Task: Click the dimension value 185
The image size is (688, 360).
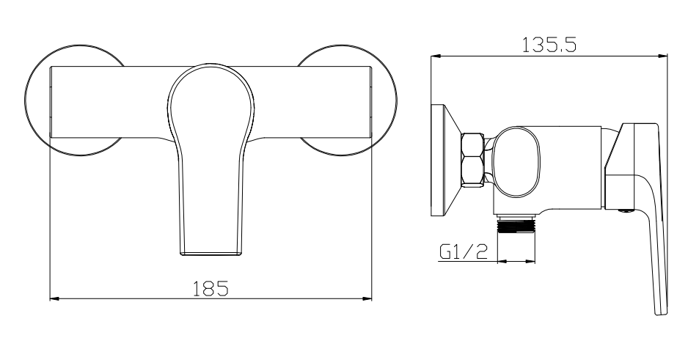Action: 211,287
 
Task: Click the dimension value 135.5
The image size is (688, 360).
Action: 548,45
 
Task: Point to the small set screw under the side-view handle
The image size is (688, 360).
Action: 624,210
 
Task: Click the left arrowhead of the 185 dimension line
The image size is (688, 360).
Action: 53,298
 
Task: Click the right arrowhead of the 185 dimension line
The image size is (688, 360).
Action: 368,298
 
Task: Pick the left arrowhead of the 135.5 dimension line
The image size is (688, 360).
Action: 434,56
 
